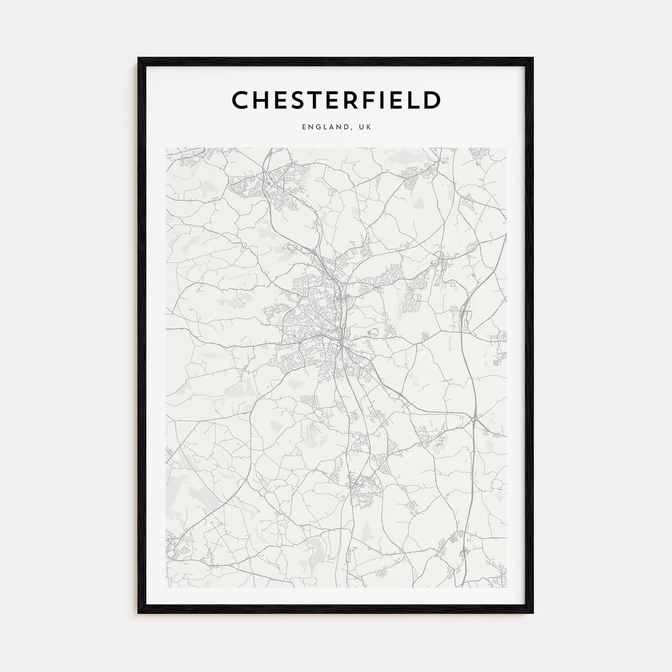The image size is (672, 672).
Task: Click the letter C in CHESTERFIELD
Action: [241, 100]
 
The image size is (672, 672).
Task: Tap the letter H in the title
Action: [262, 100]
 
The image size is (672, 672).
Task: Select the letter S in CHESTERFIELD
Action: [298, 100]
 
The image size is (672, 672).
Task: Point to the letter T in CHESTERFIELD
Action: [316, 100]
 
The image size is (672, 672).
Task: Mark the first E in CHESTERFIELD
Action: [281, 100]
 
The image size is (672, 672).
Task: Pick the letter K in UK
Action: [369, 127]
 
